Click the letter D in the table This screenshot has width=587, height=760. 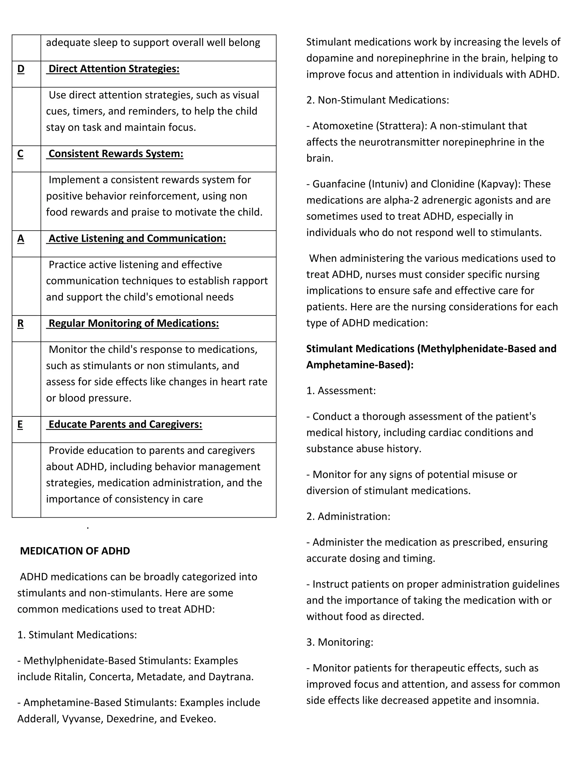pyautogui.click(x=21, y=69)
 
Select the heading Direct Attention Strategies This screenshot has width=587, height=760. pyautogui.click(x=114, y=69)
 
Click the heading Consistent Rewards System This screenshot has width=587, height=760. pyautogui.click(x=116, y=154)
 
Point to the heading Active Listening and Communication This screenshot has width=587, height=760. pyautogui.click(x=137, y=239)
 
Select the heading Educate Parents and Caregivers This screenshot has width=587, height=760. pyautogui.click(x=125, y=424)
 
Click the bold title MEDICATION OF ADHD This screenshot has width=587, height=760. pyautogui.click(x=75, y=551)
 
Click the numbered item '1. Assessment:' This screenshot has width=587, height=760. pyautogui.click(x=341, y=391)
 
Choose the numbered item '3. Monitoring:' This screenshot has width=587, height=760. pyautogui.click(x=340, y=642)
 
